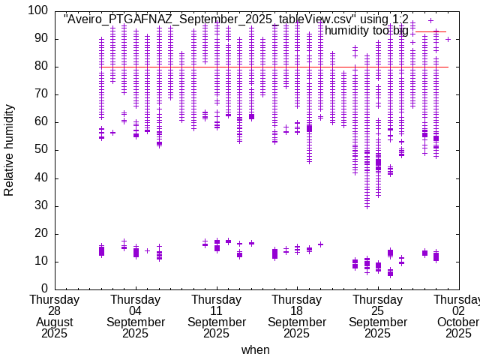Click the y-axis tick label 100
38,11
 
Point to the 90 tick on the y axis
41,39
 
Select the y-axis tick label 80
41,67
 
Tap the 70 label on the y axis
41,94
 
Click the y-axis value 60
41,122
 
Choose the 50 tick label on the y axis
41,150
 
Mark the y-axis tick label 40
41,178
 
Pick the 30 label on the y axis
41,205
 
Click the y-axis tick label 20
41,233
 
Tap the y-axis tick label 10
41,261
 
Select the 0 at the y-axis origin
44,289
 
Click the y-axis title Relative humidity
10,150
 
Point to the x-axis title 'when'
255,349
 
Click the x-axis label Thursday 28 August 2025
55,316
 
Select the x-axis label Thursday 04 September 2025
136,316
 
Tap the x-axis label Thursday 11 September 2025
217,316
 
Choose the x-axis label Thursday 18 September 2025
297,316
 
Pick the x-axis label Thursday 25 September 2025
378,316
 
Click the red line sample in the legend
430,31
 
